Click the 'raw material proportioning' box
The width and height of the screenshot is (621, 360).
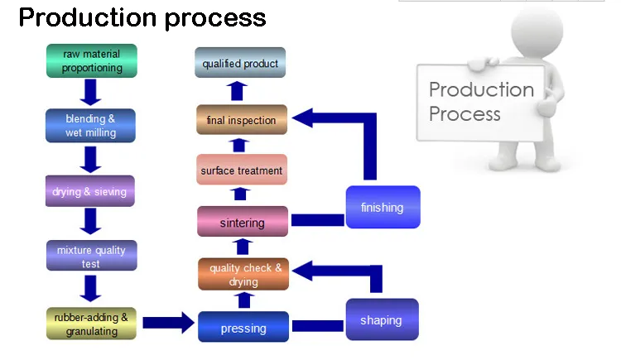tap(92, 61)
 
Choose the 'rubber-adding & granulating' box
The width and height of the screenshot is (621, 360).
tap(91, 324)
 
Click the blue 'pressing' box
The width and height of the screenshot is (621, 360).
tap(243, 328)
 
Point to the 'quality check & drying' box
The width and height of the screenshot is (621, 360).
tap(244, 275)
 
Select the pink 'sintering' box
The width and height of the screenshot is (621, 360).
tap(243, 222)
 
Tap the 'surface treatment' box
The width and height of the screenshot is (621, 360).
tap(242, 170)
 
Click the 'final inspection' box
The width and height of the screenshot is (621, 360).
tap(241, 120)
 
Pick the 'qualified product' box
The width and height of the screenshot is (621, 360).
tap(240, 64)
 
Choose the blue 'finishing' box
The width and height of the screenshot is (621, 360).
tap(382, 207)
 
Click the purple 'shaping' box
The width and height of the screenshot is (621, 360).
tap(381, 319)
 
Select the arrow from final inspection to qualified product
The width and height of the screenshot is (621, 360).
tap(239, 90)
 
